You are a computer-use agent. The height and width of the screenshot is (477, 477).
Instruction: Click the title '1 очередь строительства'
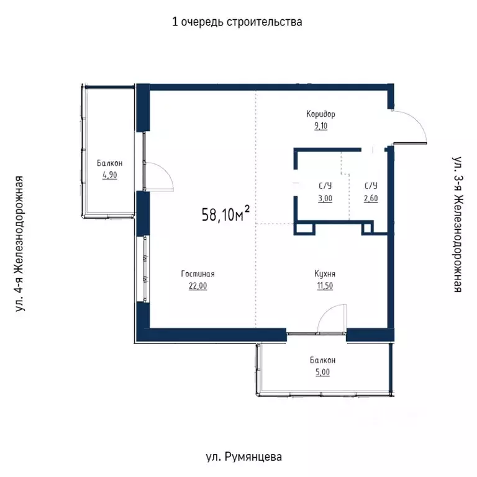coord(237,22)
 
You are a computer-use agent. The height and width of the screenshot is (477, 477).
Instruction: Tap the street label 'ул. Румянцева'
coord(243,457)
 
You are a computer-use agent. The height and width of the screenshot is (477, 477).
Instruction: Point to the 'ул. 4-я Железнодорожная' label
coord(20,243)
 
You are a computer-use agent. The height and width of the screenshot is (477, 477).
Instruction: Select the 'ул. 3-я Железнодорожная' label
coord(458,225)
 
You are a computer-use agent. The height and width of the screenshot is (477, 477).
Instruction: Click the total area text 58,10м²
coord(225,215)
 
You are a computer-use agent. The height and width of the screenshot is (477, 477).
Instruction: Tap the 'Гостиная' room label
coord(198,273)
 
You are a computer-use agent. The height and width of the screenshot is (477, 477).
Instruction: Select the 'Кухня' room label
coord(325,273)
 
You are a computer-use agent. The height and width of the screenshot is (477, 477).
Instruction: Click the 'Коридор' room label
coord(320,114)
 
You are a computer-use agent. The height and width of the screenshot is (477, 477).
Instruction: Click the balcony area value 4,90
coord(109,175)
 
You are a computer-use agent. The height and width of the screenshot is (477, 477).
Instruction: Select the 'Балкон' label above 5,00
coord(323,360)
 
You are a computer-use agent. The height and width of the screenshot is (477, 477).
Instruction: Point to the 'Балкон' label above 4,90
coord(109,163)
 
